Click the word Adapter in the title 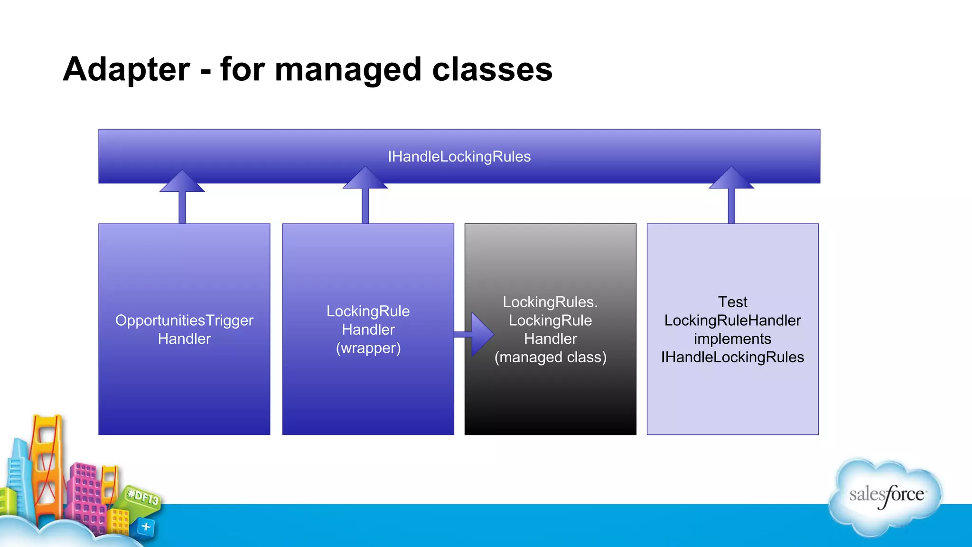point(126,70)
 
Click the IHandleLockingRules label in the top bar point(459,157)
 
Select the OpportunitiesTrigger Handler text point(184,329)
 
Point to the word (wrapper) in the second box point(368,348)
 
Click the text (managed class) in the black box point(551,357)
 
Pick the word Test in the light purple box point(732,302)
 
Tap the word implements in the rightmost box point(732,339)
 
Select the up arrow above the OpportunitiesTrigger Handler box point(182,195)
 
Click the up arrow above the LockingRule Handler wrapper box point(365,192)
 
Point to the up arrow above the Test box point(731,192)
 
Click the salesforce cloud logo point(886,496)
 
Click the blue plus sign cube point(146,527)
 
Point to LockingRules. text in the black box point(551,302)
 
